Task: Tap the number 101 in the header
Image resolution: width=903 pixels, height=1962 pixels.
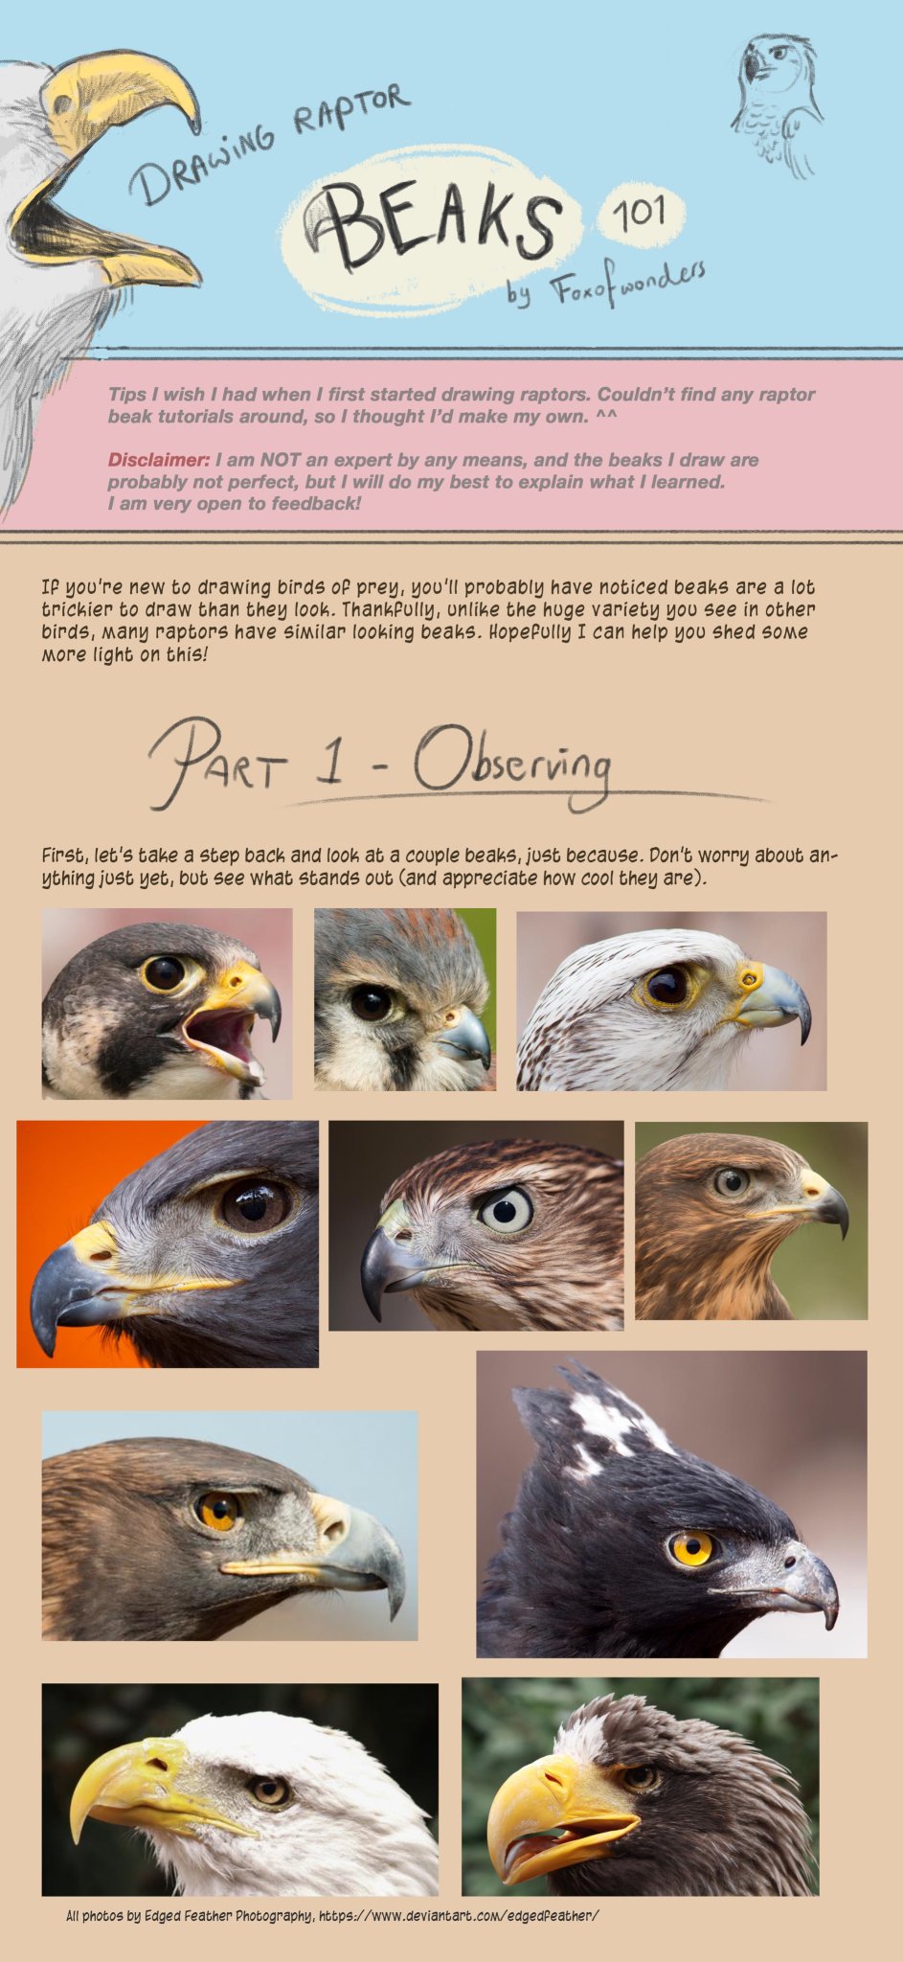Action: point(639,212)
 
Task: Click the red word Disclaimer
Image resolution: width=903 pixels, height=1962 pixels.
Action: point(158,460)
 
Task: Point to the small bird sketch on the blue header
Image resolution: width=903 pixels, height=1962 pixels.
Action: point(779,105)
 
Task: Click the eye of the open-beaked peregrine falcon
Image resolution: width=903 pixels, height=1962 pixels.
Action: point(164,972)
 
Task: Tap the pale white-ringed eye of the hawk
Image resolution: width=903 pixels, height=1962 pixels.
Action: point(505,1209)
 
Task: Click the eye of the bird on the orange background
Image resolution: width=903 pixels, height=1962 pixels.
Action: point(256,1204)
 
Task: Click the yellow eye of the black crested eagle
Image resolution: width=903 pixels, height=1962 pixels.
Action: point(690,1547)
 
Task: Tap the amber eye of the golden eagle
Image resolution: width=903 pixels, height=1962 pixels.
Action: point(218,1511)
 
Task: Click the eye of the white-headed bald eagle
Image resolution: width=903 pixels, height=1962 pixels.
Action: point(270,1790)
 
